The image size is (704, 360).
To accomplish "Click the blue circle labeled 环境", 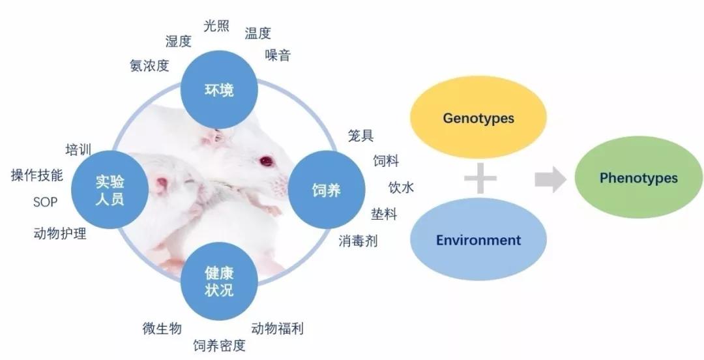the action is click(x=219, y=90).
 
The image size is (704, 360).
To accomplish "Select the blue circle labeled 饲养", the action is click(x=327, y=190).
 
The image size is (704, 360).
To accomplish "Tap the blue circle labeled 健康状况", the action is click(x=219, y=281).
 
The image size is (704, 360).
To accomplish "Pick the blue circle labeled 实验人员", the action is click(x=110, y=190).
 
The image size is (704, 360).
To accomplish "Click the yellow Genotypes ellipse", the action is click(x=478, y=117).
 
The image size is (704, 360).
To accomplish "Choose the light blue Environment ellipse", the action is click(x=478, y=239).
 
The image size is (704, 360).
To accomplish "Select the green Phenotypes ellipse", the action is click(x=638, y=177).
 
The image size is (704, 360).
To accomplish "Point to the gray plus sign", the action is click(x=480, y=179).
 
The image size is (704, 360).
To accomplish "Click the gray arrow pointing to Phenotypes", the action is click(x=550, y=179).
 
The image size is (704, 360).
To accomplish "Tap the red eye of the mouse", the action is click(x=266, y=161).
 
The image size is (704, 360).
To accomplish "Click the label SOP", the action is click(x=46, y=202).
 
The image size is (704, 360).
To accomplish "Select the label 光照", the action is click(x=216, y=26).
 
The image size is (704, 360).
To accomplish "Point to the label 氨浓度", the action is click(x=149, y=66).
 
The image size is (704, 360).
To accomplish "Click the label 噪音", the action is click(x=278, y=55).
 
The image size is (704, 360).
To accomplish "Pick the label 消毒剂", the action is click(x=358, y=241).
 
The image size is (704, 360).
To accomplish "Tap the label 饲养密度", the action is click(x=220, y=346).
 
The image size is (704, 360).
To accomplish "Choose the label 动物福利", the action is click(x=278, y=329).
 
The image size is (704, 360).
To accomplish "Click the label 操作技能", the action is click(x=37, y=175).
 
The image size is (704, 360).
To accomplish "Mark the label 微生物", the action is click(x=162, y=329).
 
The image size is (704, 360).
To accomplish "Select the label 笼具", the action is click(x=360, y=135).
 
